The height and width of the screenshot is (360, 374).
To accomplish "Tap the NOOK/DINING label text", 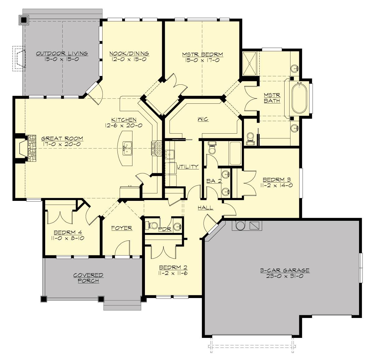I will pyautogui.click(x=129, y=54).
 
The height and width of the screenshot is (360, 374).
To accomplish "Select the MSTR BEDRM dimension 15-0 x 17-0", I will pyautogui.click(x=203, y=60).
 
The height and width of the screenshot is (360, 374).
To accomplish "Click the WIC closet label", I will pyautogui.click(x=203, y=119).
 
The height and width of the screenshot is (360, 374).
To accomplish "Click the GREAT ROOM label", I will pyautogui.click(x=62, y=139).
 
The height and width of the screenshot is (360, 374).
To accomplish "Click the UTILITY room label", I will pyautogui.click(x=188, y=167).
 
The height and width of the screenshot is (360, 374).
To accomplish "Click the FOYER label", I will pyautogui.click(x=122, y=228).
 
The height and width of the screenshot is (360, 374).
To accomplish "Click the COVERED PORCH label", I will pyautogui.click(x=88, y=278).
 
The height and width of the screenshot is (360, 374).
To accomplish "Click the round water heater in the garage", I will pyautogui.click(x=240, y=225).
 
